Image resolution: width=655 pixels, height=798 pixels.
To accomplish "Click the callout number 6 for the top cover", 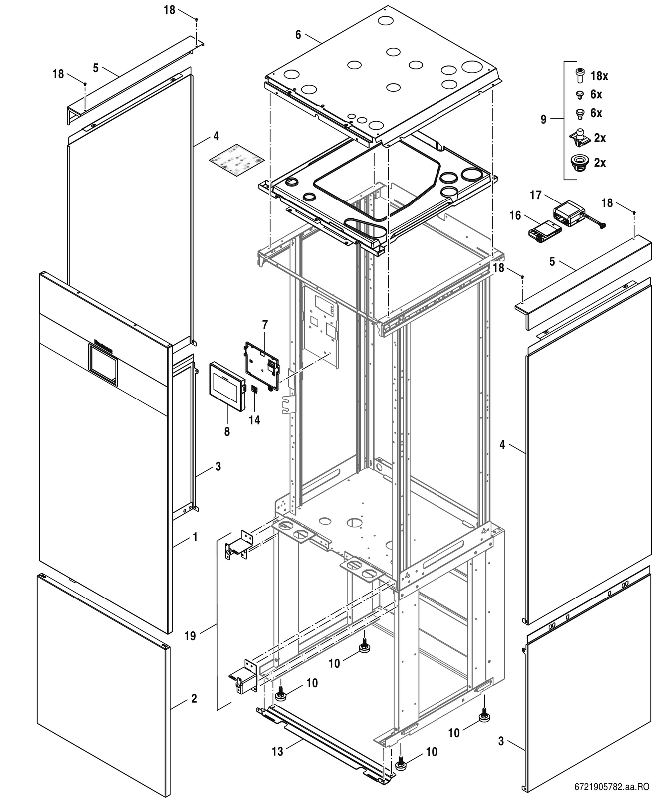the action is pyautogui.click(x=298, y=35).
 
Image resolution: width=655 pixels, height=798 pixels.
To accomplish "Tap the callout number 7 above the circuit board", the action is pyautogui.click(x=265, y=325).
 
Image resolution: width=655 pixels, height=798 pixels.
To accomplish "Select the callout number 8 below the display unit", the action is pyautogui.click(x=227, y=432).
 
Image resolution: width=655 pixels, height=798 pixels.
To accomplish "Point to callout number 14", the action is pyautogui.click(x=254, y=420).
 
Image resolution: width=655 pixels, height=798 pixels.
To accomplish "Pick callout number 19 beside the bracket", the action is pyautogui.click(x=190, y=636).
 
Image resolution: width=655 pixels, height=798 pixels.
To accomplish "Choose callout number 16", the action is pyautogui.click(x=515, y=215).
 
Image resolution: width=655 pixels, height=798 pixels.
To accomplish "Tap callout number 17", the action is pyautogui.click(x=535, y=195).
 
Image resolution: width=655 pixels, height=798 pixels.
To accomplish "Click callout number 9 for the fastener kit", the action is pyautogui.click(x=543, y=120).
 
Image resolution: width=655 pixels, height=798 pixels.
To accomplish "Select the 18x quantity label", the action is pyautogui.click(x=599, y=76).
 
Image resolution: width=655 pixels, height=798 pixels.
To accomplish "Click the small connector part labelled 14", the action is pyautogui.click(x=254, y=389).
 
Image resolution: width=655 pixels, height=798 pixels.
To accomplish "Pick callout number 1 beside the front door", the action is pyautogui.click(x=195, y=537).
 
